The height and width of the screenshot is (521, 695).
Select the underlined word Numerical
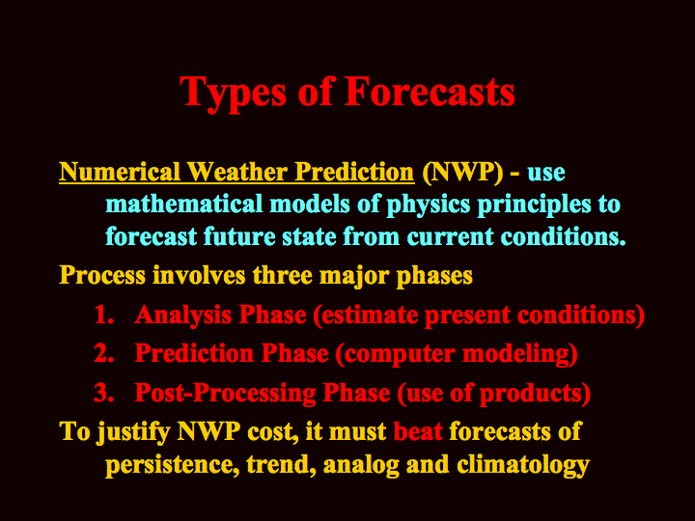coord(120,172)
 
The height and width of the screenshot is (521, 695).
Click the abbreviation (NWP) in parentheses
coord(462,173)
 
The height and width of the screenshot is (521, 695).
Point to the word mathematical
coord(184,205)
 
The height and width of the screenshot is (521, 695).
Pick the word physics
coord(429,206)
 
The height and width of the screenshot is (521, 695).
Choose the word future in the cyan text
coord(239,236)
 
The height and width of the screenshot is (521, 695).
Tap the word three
coord(283,275)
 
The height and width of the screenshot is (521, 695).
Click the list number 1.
coord(103,315)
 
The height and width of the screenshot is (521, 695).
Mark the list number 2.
coord(103,353)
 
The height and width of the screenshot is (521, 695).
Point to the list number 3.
coord(103,393)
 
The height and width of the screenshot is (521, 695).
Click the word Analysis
coord(183,315)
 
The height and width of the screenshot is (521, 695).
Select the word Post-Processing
coord(225,394)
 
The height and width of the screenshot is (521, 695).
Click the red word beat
coord(418,431)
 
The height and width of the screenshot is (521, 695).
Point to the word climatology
coord(523,465)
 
